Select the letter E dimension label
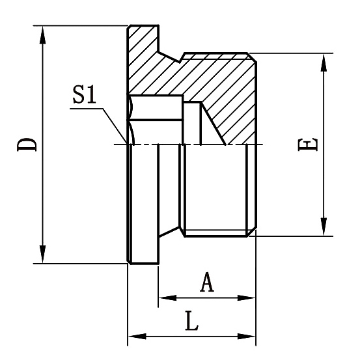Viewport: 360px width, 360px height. (x=311, y=145)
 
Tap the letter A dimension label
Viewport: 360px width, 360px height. (x=206, y=283)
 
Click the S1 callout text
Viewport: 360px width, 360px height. (x=85, y=96)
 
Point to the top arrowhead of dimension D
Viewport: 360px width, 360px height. (x=43, y=33)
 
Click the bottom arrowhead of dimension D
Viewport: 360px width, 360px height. (x=43, y=256)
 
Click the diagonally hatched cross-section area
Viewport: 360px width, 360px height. (x=215, y=78)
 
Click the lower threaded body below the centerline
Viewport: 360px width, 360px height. (x=215, y=189)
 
